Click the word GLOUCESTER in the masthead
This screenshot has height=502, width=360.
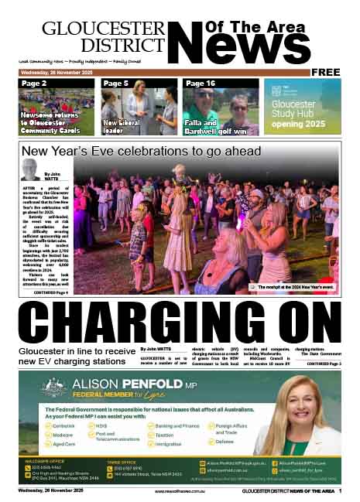coord(103,29)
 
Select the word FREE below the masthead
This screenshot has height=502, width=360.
coord(326,72)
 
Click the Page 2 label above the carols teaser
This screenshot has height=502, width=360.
coord(34,84)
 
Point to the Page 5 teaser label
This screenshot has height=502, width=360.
coord(116,84)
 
